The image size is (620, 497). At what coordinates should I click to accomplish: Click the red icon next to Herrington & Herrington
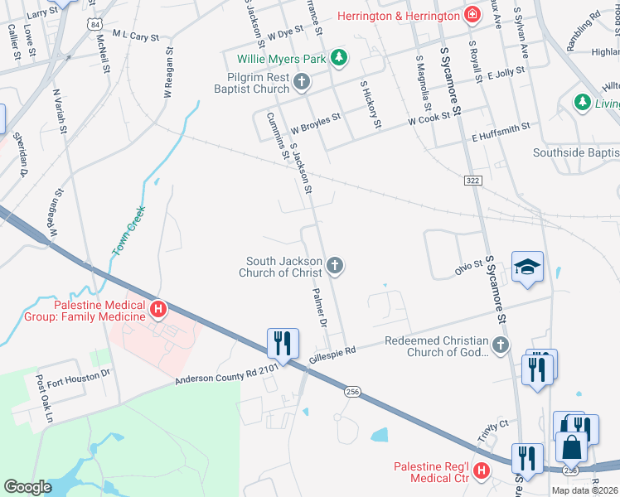(x=472, y=15)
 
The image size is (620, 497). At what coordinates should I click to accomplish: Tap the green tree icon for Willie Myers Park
(x=338, y=57)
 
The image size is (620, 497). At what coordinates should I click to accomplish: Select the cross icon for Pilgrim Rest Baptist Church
(x=302, y=81)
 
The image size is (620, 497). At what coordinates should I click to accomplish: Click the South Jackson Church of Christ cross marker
(x=335, y=265)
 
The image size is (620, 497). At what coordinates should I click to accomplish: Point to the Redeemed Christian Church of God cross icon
(x=500, y=344)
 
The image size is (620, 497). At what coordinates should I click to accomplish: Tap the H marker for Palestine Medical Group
(x=158, y=310)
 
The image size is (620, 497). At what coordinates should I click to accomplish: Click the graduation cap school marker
(x=527, y=267)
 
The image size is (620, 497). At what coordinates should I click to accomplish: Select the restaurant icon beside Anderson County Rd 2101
(x=283, y=343)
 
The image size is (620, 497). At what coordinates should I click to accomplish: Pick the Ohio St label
(x=467, y=268)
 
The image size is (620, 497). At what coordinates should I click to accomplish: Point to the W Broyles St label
(x=315, y=123)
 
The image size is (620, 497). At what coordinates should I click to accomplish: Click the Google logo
(x=28, y=487)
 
